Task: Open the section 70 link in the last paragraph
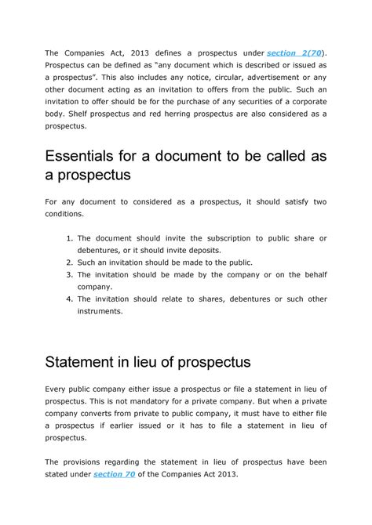pos(114,474)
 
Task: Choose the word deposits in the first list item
pos(202,250)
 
